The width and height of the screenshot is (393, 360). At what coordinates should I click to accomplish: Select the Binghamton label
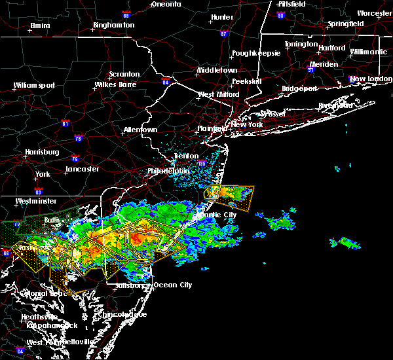pos(113,25)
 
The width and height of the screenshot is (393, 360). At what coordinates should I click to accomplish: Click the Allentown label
pos(140,130)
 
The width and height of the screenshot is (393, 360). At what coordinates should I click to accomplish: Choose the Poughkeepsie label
pos(258,52)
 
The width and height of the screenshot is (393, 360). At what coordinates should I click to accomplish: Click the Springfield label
pos(346,24)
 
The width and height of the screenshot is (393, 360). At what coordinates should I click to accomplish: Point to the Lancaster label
pos(81,170)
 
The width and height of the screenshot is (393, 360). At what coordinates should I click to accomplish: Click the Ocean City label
pos(173,285)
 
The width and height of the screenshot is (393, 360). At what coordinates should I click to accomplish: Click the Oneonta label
pos(166,4)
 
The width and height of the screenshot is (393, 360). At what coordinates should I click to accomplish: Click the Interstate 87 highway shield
pos(224,33)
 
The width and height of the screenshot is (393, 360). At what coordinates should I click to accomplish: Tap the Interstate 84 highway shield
pos(166,82)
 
